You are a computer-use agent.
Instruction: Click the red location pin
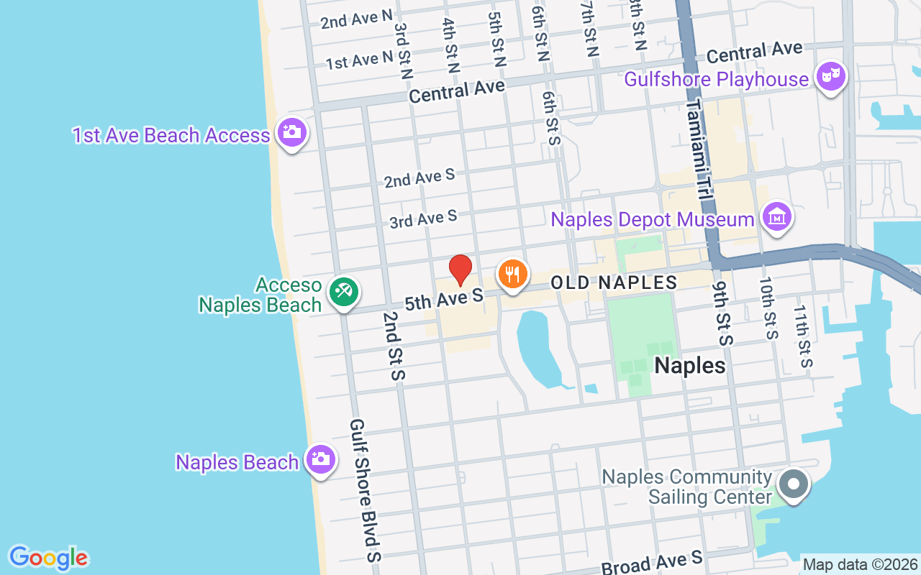pos(460,270)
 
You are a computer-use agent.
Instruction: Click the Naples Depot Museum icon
pos(777,216)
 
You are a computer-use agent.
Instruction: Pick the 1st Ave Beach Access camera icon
pos(291,132)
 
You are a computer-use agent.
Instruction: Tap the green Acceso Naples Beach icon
pos(344,292)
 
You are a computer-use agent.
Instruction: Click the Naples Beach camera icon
pos(320,459)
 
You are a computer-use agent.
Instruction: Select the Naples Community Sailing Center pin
pos(794,484)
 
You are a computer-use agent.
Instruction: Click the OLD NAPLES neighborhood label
pos(614,282)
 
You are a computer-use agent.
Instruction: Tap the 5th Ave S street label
pos(443,299)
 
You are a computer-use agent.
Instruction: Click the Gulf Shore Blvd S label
pos(365,490)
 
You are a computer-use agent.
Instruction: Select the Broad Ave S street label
pos(651,563)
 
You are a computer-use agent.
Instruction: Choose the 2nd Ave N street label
pos(357,19)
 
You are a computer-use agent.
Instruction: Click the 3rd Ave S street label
pos(423,218)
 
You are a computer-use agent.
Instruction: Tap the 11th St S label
pos(803,336)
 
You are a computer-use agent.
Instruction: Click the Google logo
pos(48,558)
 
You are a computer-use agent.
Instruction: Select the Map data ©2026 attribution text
pos(860,565)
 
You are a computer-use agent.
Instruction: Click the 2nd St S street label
pos(394,346)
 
